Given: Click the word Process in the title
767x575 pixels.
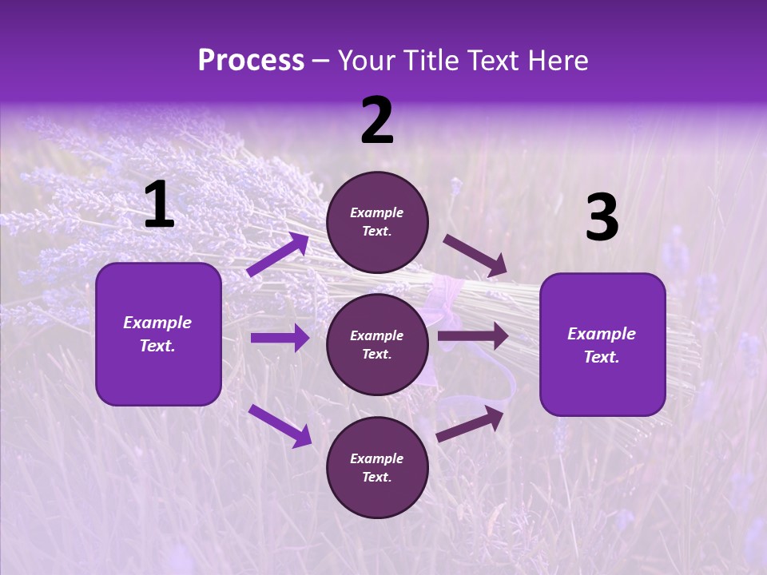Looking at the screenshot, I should pos(251,61).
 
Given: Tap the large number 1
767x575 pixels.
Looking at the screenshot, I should pos(159,205).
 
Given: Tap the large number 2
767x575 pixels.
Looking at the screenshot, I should pos(377,121).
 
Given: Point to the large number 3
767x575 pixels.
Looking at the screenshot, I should pos(602,218).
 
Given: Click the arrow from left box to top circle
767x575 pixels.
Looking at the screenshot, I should pos(278,254).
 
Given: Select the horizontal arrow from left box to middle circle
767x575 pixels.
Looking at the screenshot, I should pos(280,338).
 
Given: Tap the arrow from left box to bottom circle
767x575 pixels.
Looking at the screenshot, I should pos(280,426).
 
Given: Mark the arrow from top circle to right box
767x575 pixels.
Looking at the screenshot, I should pos(475,256).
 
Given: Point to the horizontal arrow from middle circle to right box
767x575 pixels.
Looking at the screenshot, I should pos(473,336).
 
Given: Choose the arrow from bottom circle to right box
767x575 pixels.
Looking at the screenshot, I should pos(471,424).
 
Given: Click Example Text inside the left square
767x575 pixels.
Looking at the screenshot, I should pos(158,334).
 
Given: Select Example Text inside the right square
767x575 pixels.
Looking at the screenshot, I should pos(602,345).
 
